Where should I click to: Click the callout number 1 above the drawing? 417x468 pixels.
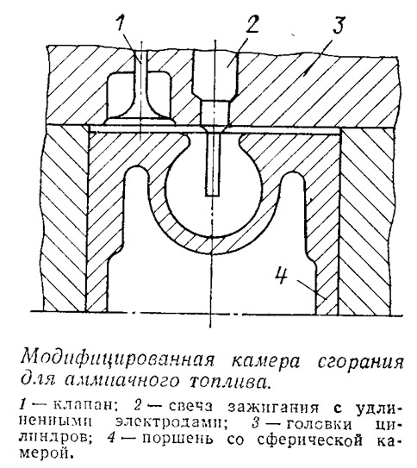pyautogui.click(x=121, y=23)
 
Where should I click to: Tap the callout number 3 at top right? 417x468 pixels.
pyautogui.click(x=339, y=24)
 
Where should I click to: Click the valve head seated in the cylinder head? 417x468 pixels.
pyautogui.click(x=139, y=121)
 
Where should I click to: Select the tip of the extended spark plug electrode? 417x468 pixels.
pyautogui.click(x=213, y=195)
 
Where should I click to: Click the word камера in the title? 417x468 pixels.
pyautogui.click(x=266, y=362)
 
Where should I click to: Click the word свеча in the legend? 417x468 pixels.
pyautogui.click(x=191, y=407)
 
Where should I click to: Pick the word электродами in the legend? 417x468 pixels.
pyautogui.click(x=170, y=423)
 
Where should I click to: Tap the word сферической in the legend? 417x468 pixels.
pyautogui.click(x=308, y=440)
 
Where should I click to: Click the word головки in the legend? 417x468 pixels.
pyautogui.click(x=319, y=424)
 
